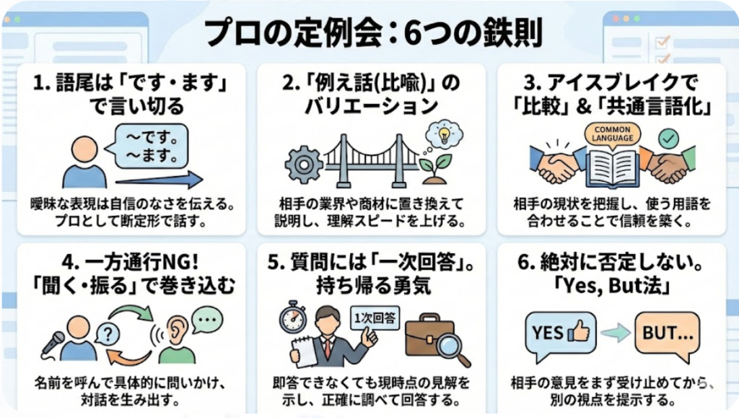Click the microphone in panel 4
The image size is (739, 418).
click(x=53, y=343)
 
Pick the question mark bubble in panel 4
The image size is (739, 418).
click(x=107, y=333)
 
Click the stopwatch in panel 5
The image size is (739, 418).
click(x=294, y=319)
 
